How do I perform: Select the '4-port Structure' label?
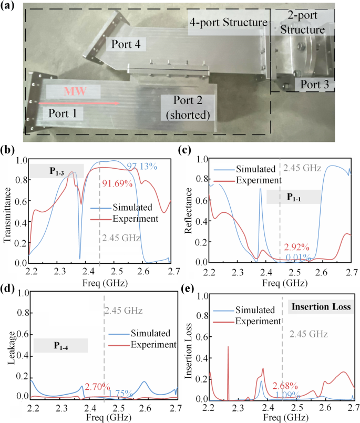229,24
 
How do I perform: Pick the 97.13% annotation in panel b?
142,166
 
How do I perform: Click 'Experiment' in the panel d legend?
153,345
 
